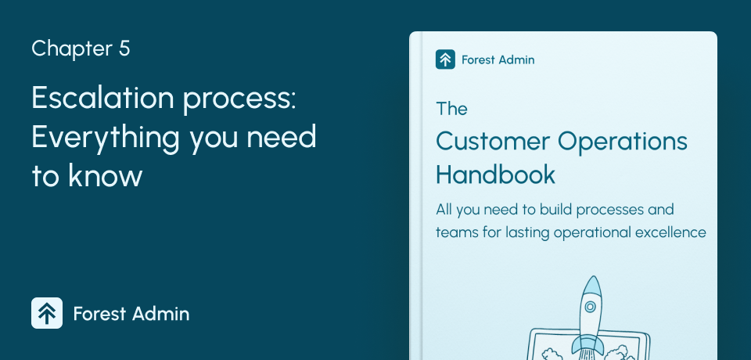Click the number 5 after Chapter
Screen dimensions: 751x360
124,49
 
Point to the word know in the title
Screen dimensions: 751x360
106,175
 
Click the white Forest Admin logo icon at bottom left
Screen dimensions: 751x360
47,313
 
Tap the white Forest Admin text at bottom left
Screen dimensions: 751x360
131,314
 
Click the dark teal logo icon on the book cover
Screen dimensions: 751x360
445,59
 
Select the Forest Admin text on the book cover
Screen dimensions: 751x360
498,60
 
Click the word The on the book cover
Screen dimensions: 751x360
451,109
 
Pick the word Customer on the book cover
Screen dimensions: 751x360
493,142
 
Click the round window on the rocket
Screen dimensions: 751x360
591,306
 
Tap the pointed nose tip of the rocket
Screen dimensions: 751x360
594,276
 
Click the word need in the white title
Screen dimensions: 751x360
281,137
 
